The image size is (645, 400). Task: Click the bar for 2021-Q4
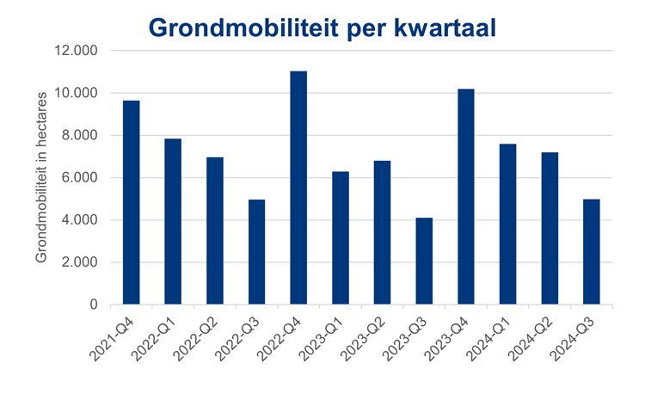point(131,203)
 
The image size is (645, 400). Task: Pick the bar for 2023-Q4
point(466,197)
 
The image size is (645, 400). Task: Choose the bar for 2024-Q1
point(508,225)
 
